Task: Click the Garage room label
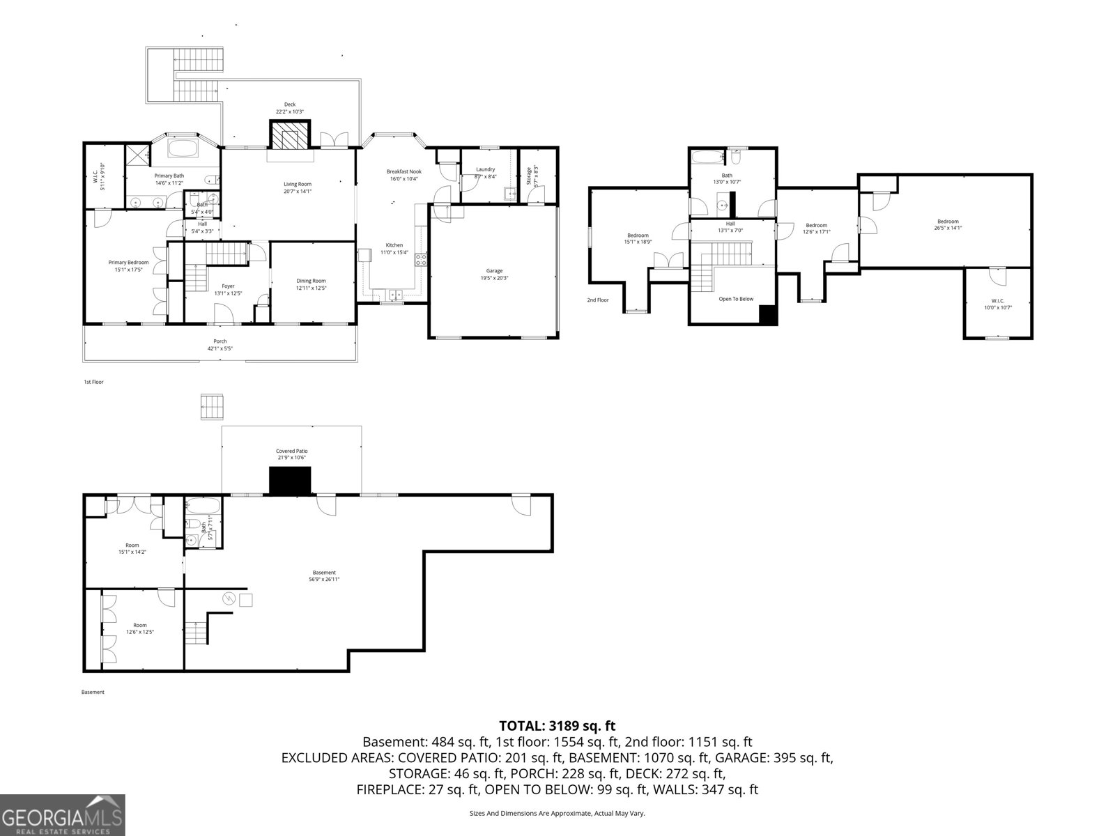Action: click(494, 271)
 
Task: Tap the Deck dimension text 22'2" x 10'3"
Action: click(290, 111)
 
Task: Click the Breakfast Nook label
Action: click(403, 171)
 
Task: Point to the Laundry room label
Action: click(485, 169)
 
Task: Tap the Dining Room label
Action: click(311, 281)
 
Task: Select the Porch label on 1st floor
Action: click(220, 341)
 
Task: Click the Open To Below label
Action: click(736, 299)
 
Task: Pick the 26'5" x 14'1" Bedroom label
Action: click(948, 222)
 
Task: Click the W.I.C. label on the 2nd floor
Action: click(997, 301)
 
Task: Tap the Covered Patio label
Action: click(291, 451)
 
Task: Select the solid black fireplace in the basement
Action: click(290, 481)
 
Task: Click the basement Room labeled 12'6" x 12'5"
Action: click(140, 626)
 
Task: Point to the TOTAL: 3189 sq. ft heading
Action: click(557, 726)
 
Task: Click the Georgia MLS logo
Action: click(63, 814)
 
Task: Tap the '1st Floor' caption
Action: click(93, 382)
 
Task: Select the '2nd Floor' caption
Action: click(597, 300)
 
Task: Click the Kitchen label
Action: click(394, 245)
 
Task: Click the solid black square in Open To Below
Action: click(767, 315)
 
